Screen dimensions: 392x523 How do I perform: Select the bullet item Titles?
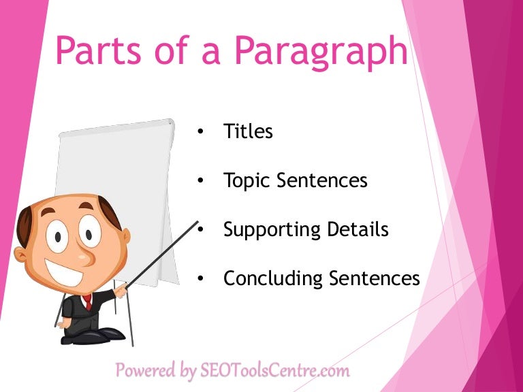(248, 131)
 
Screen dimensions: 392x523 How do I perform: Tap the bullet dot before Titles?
(200, 132)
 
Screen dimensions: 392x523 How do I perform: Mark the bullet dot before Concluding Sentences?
(200, 279)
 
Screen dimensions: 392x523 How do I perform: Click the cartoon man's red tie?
(87, 301)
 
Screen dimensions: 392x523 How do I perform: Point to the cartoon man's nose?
(80, 256)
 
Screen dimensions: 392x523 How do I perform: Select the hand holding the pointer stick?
(121, 291)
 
